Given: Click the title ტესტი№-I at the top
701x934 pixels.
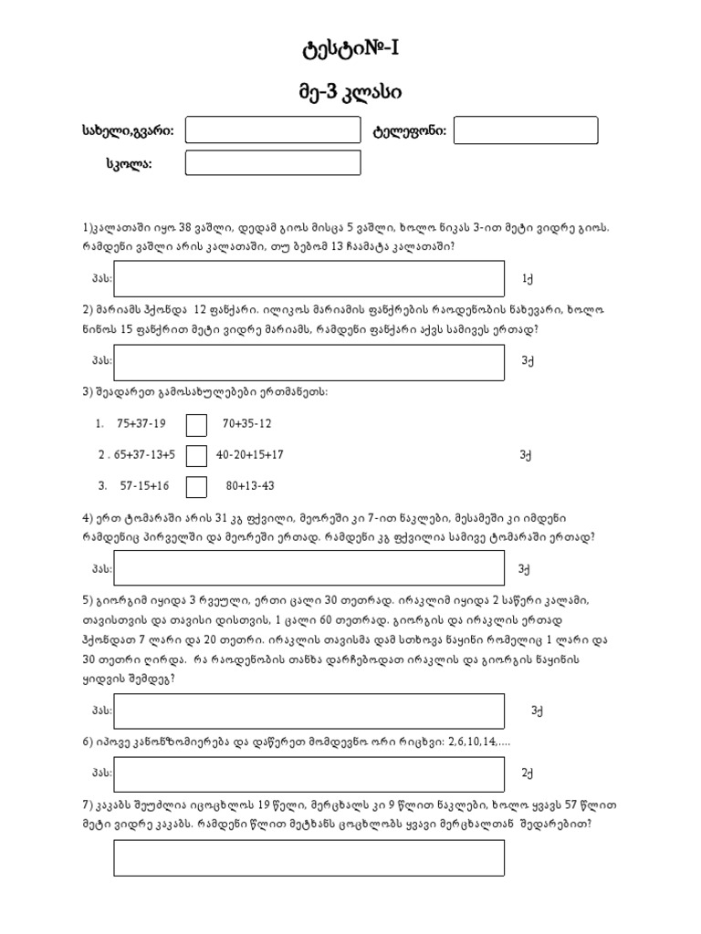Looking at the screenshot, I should click(x=350, y=49).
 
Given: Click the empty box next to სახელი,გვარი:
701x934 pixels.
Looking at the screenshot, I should click(x=273, y=130).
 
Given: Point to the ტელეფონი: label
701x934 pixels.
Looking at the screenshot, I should click(x=409, y=131).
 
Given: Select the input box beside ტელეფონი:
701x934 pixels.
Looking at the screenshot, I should click(x=526, y=130).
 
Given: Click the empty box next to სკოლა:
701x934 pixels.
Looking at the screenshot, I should click(x=273, y=163).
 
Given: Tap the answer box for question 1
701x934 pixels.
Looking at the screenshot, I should click(x=309, y=279).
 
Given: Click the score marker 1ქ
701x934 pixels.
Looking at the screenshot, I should click(x=527, y=279).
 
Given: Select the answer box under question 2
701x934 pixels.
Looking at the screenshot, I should click(x=309, y=362).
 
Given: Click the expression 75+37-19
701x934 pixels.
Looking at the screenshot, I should click(x=141, y=423).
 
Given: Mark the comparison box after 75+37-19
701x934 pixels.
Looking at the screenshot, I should click(x=196, y=425).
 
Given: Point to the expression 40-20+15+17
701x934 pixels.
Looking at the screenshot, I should click(x=250, y=453).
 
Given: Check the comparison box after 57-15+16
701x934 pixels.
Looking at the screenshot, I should click(x=196, y=486).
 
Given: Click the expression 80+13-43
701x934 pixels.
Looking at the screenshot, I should click(x=250, y=485).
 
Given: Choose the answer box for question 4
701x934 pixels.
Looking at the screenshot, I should click(x=309, y=568).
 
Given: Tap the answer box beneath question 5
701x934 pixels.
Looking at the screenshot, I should click(x=309, y=711).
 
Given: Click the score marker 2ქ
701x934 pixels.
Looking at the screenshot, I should click(x=527, y=774).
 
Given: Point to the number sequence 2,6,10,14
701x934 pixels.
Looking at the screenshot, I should click(x=466, y=743).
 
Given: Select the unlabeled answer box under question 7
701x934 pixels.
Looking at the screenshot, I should click(x=309, y=858).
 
